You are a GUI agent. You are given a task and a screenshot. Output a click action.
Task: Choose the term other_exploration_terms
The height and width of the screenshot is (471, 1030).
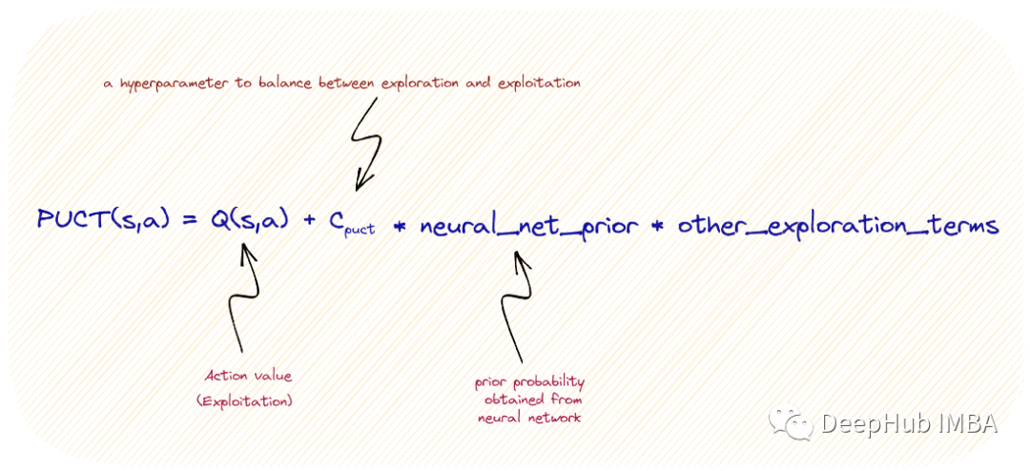click(x=839, y=226)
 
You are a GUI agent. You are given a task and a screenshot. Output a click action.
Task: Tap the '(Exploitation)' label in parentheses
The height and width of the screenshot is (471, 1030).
click(x=245, y=401)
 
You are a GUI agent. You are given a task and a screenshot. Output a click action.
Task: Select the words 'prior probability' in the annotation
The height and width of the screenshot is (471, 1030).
click(x=530, y=383)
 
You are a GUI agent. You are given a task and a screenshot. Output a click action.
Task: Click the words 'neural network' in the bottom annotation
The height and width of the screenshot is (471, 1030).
click(x=528, y=418)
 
